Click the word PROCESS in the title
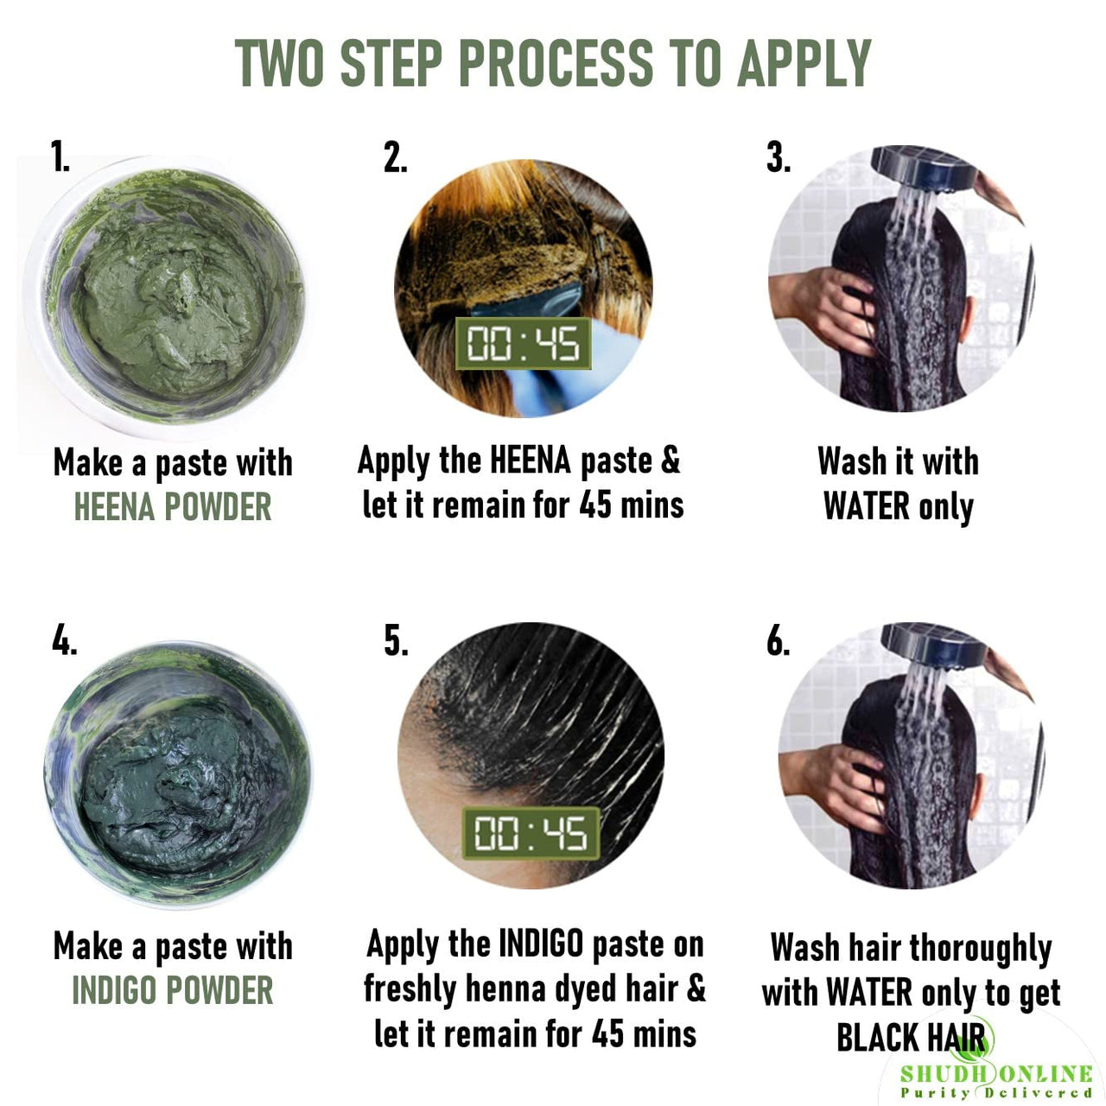click(x=555, y=63)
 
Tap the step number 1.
click(x=60, y=156)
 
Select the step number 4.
click(x=63, y=639)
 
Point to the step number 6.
click(x=778, y=640)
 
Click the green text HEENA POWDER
click(x=173, y=507)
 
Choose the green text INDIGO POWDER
click(x=173, y=990)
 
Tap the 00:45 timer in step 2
click(x=523, y=343)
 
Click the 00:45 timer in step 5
click(x=531, y=833)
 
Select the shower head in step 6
click(x=932, y=644)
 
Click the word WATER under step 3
click(x=867, y=506)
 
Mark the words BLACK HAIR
click(x=911, y=1037)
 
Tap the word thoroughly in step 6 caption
click(x=981, y=950)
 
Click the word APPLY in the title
click(x=804, y=63)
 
